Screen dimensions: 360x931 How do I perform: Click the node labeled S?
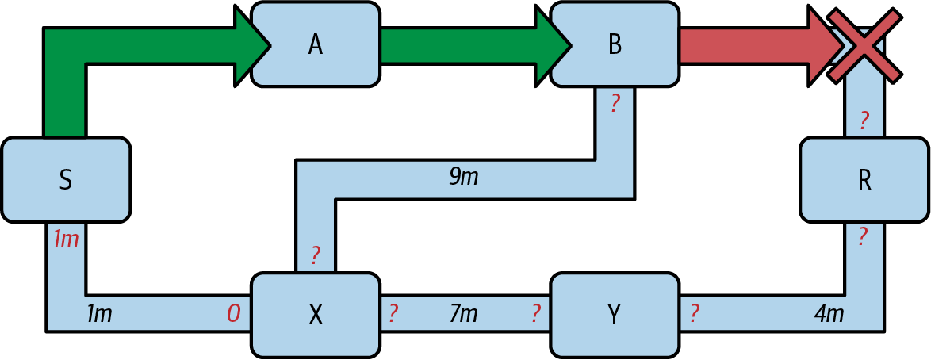click(66, 180)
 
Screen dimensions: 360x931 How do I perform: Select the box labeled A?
click(315, 44)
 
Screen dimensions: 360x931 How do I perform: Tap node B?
click(615, 44)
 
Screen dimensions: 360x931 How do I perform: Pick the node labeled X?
click(315, 315)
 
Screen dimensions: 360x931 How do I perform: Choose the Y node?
click(615, 315)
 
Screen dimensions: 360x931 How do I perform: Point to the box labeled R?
click(864, 180)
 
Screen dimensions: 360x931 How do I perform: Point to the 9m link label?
click(464, 177)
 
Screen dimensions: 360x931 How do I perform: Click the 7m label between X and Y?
click(463, 314)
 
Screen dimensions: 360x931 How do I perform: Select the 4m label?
click(829, 314)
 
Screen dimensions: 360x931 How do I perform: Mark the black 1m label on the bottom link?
click(98, 314)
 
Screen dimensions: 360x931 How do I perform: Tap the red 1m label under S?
click(66, 239)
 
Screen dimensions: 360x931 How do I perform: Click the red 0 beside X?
click(233, 314)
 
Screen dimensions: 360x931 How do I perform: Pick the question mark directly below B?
click(615, 103)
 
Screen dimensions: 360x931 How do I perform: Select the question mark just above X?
click(316, 255)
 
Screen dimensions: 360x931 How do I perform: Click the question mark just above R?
click(864, 121)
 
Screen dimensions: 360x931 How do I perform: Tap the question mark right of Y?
click(694, 314)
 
